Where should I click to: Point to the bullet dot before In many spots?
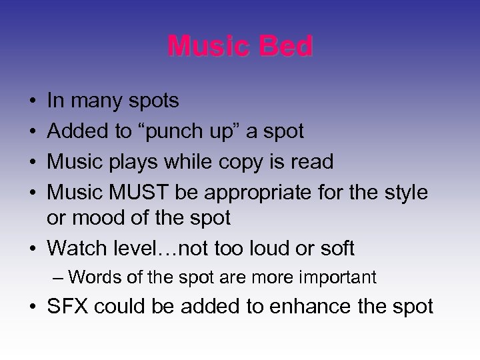pyautogui.click(x=33, y=102)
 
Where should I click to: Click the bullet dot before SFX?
pyautogui.click(x=33, y=307)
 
